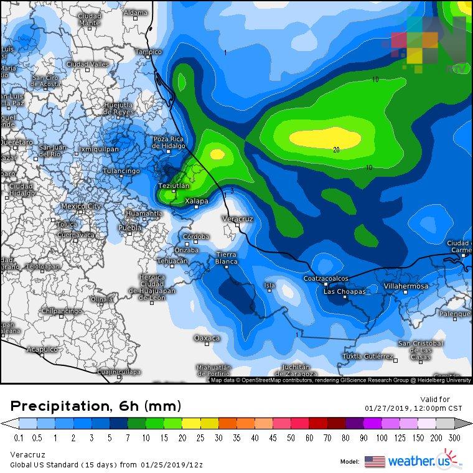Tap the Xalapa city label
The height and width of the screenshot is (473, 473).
[x=197, y=200]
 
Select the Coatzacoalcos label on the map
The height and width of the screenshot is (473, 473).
[x=325, y=278]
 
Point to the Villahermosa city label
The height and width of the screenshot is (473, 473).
[x=405, y=286]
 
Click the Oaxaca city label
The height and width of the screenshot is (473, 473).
[x=207, y=338]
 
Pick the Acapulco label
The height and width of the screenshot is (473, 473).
[x=42, y=350]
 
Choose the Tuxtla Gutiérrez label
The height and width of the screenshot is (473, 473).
[x=368, y=357]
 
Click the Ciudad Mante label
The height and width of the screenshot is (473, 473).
[x=90, y=19]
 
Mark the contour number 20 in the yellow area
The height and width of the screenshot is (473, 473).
[x=336, y=149]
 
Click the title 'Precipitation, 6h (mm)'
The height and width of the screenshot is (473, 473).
[x=96, y=406]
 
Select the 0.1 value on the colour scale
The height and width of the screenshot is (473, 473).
[x=19, y=438]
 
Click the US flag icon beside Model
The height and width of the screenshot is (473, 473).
[x=375, y=462]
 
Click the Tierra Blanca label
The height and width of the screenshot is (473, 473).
[x=227, y=258]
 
